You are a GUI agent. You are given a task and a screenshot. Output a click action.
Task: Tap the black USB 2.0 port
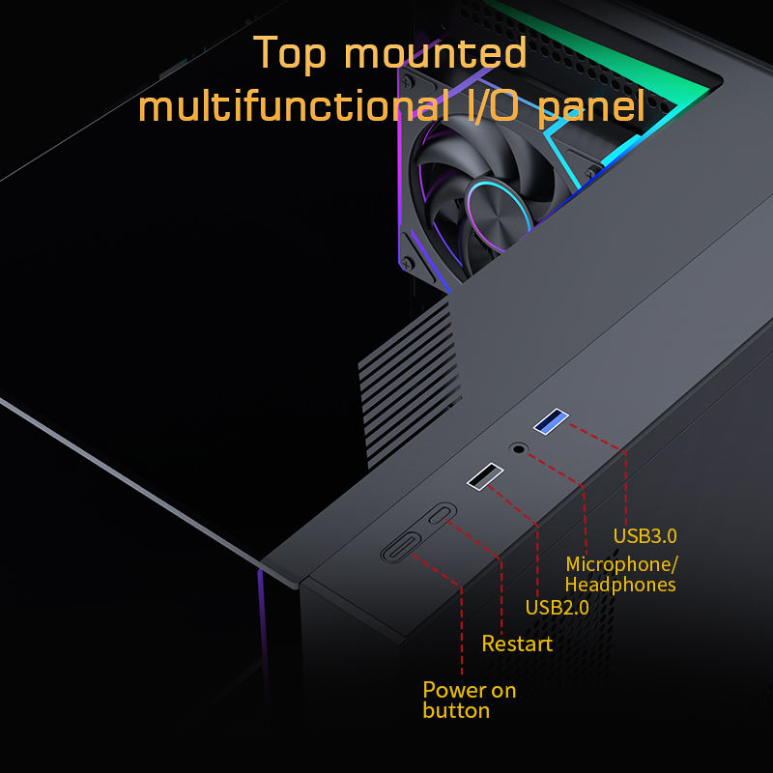click(x=485, y=476)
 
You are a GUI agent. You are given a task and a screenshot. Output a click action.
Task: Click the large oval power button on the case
click(x=400, y=548)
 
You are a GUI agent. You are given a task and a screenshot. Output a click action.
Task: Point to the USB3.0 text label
click(x=645, y=535)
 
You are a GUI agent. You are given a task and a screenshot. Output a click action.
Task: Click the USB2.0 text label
click(x=557, y=608)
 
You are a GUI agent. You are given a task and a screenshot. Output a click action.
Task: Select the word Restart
click(x=517, y=644)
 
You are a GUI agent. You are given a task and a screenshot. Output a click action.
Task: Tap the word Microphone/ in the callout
click(x=622, y=564)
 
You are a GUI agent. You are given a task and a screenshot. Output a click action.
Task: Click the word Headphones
click(x=619, y=585)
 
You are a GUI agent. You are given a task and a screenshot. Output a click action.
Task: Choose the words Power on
click(x=470, y=690)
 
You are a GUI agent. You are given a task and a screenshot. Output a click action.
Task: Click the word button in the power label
click(x=456, y=711)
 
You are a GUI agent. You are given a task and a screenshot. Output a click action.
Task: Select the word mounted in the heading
click(x=449, y=53)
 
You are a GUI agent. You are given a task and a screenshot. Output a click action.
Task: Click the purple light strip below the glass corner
click(x=262, y=628)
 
